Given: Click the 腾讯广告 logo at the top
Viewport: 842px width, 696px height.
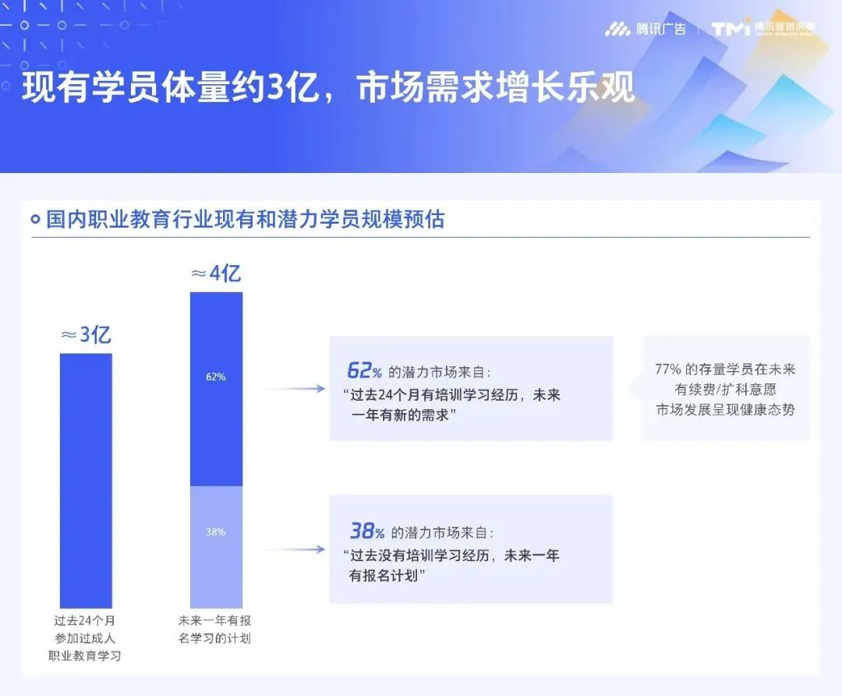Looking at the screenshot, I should (x=645, y=30).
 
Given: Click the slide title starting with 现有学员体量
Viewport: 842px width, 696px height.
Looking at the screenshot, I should (x=327, y=88).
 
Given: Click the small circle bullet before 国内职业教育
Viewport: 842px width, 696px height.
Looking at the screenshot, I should (x=35, y=220).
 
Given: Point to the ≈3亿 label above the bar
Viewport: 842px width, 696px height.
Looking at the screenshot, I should (x=86, y=335).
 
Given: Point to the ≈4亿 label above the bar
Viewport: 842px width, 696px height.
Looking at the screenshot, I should (x=216, y=274).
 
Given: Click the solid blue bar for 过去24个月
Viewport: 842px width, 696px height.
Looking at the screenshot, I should (x=86, y=479).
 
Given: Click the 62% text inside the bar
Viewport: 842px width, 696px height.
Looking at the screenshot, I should (x=216, y=377).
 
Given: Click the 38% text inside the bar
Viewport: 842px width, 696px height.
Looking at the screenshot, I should (x=216, y=532).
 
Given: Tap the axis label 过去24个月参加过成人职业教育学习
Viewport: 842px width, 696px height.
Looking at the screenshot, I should (x=86, y=638).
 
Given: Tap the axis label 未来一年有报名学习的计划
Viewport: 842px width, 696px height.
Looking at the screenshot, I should (x=216, y=630).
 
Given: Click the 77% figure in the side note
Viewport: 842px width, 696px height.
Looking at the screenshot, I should (x=668, y=369).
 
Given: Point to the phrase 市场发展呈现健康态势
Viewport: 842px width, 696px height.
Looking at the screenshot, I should (x=725, y=408).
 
